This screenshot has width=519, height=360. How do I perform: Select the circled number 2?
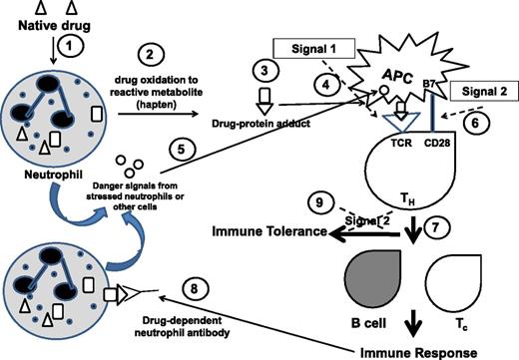[x=151, y=54]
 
